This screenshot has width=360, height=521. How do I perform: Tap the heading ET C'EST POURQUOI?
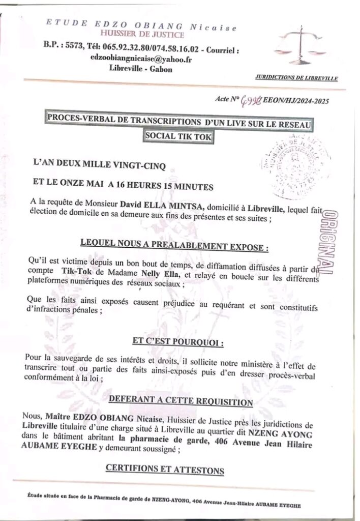click(180, 343)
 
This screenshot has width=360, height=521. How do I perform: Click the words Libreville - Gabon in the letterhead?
click(140, 70)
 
